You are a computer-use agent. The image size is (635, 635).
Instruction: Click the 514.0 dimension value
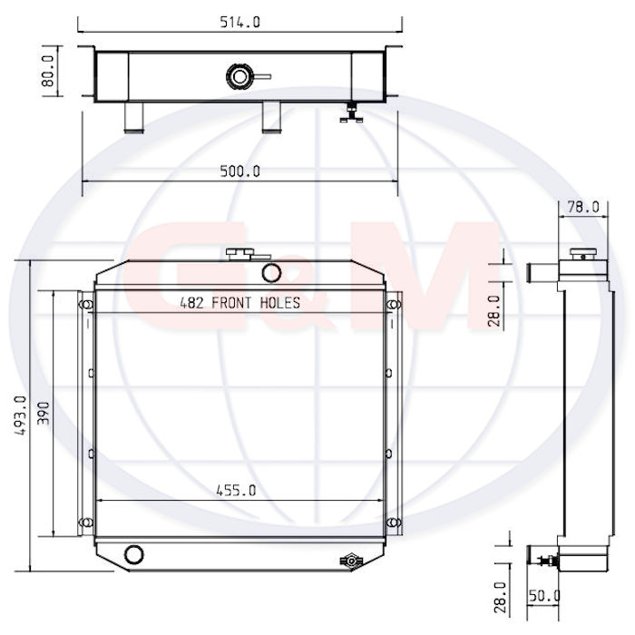pos(239,22)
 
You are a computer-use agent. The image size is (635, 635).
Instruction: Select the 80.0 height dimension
pos(48,72)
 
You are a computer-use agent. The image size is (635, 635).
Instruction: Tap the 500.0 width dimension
pos(239,171)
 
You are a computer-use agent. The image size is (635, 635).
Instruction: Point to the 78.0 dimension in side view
pos(582,207)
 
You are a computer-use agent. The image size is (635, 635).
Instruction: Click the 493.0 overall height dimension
pos(20,415)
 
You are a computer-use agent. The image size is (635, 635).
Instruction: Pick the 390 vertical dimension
pos(43,413)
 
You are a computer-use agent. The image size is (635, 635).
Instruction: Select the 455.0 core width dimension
pos(236,491)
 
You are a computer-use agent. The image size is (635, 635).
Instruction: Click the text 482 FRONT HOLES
pos(239,303)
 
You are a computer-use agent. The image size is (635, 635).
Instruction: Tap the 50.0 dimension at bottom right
pos(544,595)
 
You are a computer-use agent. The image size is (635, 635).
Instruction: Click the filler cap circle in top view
pos(239,76)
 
